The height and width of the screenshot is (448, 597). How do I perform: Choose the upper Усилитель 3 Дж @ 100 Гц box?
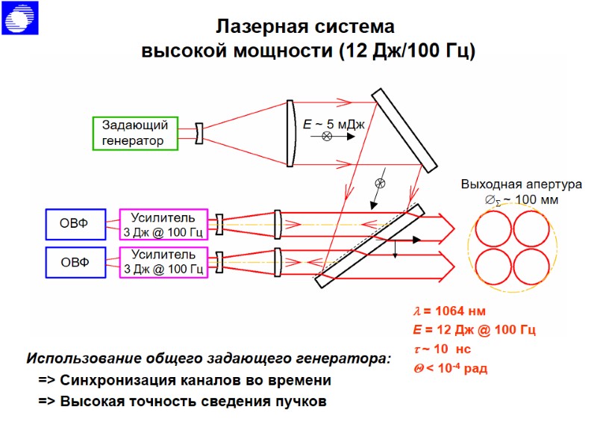pyautogui.click(x=163, y=224)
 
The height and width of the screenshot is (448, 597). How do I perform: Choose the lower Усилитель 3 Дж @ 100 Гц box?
pyautogui.click(x=163, y=262)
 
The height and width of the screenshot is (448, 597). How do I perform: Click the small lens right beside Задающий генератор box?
pyautogui.click(x=199, y=134)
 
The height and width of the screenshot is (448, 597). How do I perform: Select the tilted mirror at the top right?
pyautogui.click(x=404, y=130)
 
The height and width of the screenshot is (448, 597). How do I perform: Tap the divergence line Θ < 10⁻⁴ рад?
pyautogui.click(x=450, y=368)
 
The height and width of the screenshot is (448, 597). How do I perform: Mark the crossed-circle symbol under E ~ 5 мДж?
pyautogui.click(x=327, y=137)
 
